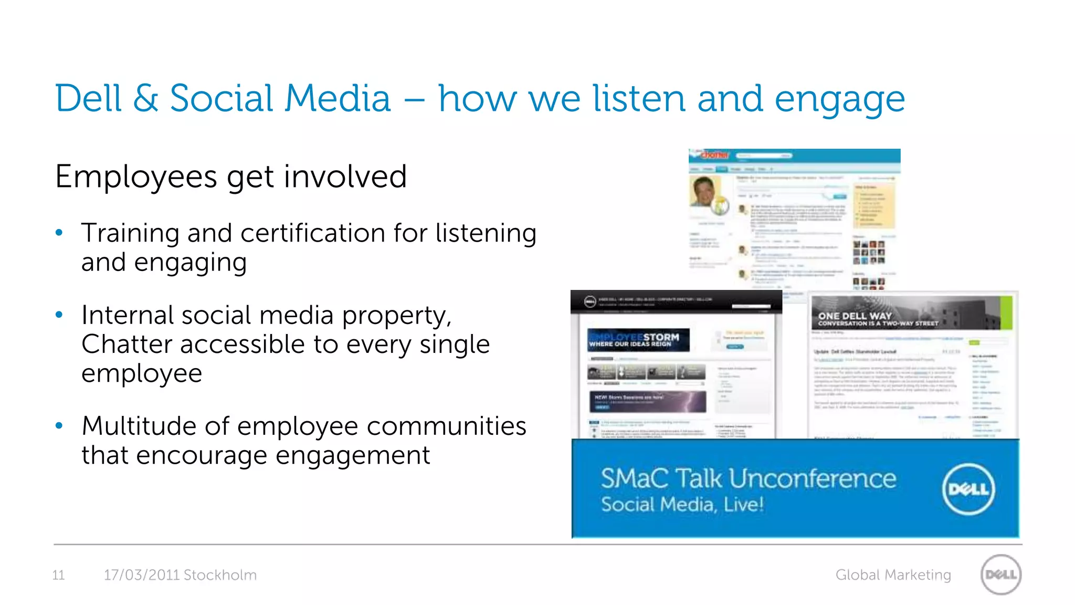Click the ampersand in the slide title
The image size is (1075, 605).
coord(145,99)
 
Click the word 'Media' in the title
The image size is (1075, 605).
coord(338,99)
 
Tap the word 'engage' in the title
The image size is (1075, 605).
coord(839,100)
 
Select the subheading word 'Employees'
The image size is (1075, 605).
coord(135,178)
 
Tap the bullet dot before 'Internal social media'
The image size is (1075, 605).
coord(59,315)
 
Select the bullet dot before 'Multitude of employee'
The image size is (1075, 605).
coord(59,426)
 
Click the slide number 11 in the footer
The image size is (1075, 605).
coord(58,575)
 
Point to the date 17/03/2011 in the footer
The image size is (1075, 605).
coord(142,575)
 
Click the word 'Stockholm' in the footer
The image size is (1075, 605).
coord(220,575)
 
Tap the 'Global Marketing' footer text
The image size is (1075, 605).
coord(893,575)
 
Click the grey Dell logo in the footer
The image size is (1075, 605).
coord(1001,575)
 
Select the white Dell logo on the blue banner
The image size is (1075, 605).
coord(968,489)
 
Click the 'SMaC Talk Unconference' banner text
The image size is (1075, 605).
coord(748,478)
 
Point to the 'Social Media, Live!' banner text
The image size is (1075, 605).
coord(682,505)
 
